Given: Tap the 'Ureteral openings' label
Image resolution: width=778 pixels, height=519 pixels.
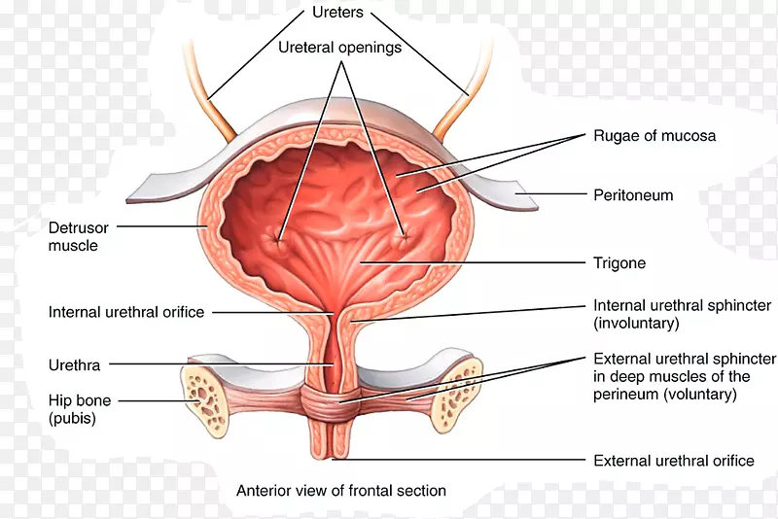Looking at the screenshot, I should click(339, 47).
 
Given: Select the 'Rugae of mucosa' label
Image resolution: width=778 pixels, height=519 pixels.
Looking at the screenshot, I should click(654, 136).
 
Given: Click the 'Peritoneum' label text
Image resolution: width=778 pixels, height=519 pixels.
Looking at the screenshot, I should click(633, 195).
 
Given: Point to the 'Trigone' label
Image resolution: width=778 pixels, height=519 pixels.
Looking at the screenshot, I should click(619, 263).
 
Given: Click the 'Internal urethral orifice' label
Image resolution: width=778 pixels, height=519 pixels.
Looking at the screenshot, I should click(126, 313).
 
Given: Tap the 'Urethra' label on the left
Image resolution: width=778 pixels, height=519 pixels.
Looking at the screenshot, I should click(74, 365).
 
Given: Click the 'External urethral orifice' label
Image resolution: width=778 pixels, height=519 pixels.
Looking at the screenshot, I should click(674, 461).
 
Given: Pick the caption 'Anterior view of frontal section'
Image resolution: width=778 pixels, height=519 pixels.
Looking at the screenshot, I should click(341, 491).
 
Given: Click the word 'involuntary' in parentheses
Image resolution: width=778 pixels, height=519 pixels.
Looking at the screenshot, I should click(637, 323).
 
